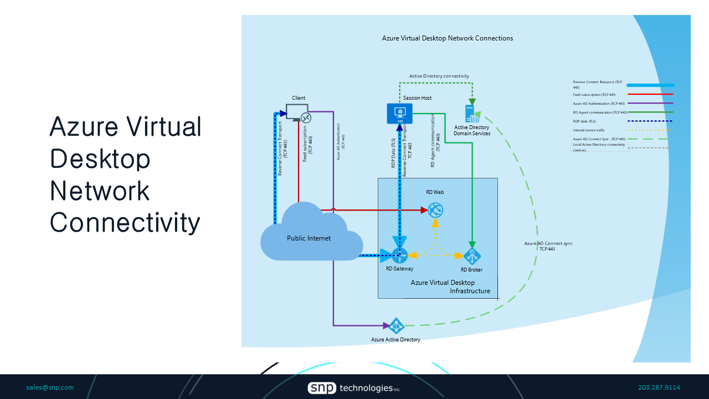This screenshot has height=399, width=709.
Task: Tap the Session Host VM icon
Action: click(399, 113)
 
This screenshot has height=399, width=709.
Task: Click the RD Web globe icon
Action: click(435, 209)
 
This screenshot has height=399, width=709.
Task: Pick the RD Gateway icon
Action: click(399, 255)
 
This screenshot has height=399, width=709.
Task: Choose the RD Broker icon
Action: click(472, 256)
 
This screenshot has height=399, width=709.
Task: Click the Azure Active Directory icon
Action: click(396, 326)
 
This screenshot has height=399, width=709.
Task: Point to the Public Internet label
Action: click(309, 238)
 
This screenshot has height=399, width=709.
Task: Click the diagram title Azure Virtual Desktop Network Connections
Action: click(448, 38)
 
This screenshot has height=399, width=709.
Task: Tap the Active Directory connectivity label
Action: click(439, 76)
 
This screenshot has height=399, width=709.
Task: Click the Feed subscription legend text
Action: click(594, 95)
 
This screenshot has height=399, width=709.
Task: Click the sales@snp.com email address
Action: click(50, 387)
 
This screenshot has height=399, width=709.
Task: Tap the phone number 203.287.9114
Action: click(659, 387)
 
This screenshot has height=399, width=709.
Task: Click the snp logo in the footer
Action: click(322, 388)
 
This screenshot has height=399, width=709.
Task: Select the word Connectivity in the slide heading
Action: click(125, 222)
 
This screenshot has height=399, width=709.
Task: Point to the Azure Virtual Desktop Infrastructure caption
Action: click(443, 287)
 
